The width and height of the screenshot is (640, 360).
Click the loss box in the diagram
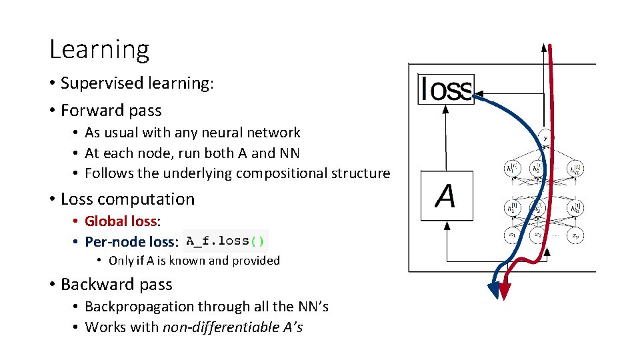pyautogui.click(x=445, y=89)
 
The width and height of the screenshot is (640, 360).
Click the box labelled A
pyautogui.click(x=445, y=197)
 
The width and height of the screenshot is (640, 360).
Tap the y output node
pyautogui.click(x=545, y=137)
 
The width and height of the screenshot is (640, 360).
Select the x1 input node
pyautogui.click(x=513, y=235)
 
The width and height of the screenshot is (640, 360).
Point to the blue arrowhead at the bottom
pyautogui.click(x=494, y=289)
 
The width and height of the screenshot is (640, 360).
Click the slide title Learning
pyautogui.click(x=99, y=49)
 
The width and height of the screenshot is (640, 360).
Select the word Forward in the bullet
pyautogui.click(x=87, y=110)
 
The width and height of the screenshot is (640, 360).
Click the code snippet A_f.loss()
pyautogui.click(x=225, y=241)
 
